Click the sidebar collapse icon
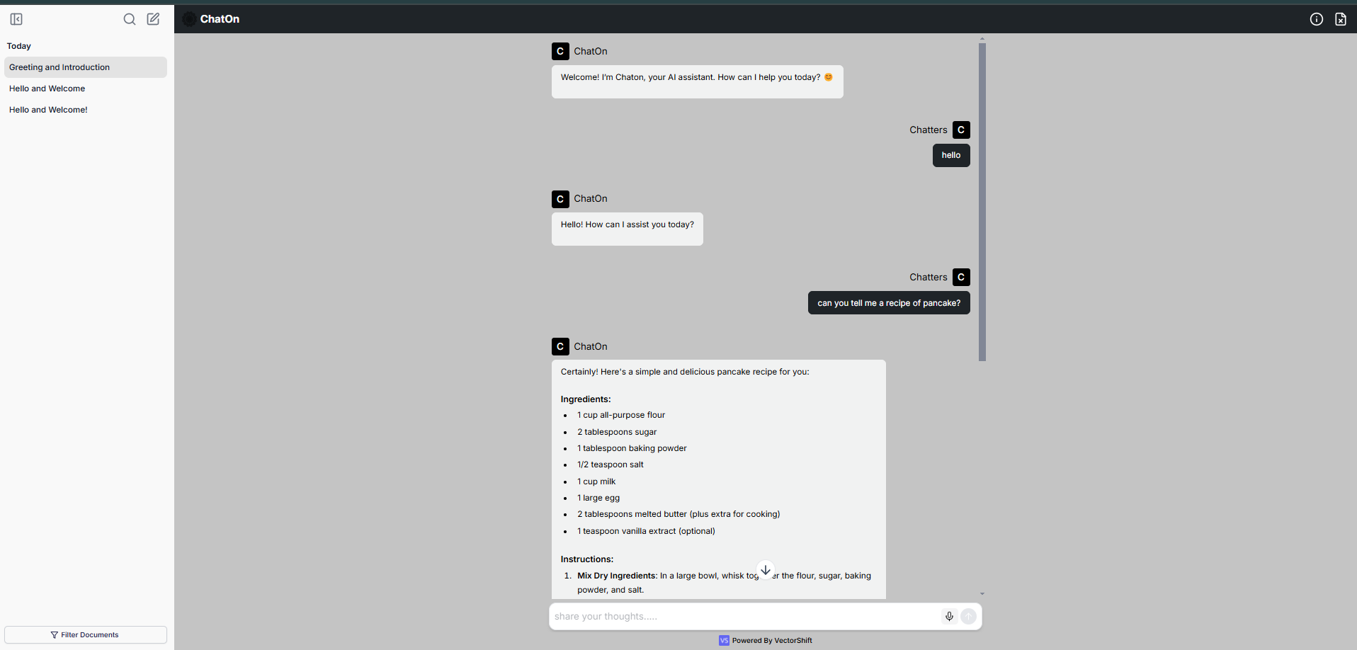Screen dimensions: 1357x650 tap(16, 19)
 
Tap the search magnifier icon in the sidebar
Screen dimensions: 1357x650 tap(130, 19)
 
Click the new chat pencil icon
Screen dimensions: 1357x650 tap(153, 19)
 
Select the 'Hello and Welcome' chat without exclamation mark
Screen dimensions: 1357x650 tap(47, 89)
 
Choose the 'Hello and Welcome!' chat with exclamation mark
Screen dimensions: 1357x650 tap(49, 110)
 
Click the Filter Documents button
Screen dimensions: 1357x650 tap(85, 634)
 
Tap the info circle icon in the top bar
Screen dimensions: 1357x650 tap(1316, 19)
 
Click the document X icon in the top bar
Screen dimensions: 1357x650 tap(1340, 19)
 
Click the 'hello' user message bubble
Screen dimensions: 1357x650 tap(951, 155)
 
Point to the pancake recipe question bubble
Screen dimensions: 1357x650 tap(889, 303)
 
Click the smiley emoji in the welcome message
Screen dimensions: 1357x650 tap(829, 77)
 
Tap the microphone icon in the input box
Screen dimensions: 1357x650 tap(949, 616)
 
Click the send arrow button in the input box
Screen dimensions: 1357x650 tap(968, 616)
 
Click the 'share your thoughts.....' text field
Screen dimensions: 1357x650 tap(744, 616)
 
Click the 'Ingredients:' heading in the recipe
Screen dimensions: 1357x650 tap(586, 399)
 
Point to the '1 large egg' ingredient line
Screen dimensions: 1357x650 tap(598, 498)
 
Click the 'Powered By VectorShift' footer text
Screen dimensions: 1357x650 tap(771, 640)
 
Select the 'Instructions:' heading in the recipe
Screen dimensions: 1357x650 tap(587, 559)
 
